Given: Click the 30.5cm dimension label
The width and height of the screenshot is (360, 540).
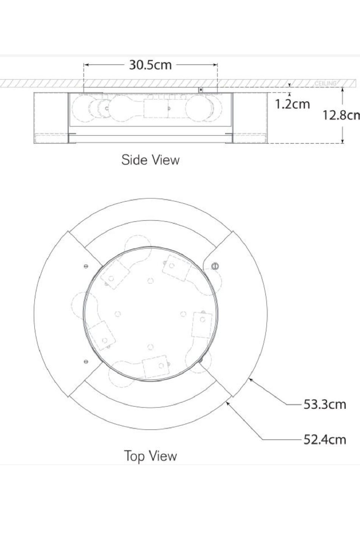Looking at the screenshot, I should coord(150,65).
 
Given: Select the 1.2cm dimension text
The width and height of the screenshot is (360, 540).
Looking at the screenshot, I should coord(292,104).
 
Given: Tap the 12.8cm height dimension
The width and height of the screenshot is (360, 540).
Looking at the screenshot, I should coord(340,115).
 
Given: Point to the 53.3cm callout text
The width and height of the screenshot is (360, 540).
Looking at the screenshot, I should coord(324,404).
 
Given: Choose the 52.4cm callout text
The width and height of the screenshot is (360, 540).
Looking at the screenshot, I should coord(324,440).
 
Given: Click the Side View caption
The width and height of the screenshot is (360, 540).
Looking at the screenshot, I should coord(150,160).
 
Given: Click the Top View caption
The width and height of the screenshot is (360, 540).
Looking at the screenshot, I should coord(150,456).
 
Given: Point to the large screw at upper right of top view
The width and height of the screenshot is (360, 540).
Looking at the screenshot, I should coord(215,266).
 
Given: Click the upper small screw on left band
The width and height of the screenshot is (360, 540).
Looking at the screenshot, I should coord(86,266).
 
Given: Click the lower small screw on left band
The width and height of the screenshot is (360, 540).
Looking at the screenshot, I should coord(86,361).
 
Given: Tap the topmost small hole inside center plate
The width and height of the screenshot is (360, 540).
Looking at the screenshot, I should coord(150,281).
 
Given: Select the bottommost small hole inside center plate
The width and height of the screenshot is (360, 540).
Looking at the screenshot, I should coord(150,347).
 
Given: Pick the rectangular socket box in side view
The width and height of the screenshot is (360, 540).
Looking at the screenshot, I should coord(156,108).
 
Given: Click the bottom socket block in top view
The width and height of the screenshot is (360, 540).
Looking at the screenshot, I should coord(156,366).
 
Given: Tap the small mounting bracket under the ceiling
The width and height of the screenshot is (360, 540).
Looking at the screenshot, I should coord(201,90).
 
